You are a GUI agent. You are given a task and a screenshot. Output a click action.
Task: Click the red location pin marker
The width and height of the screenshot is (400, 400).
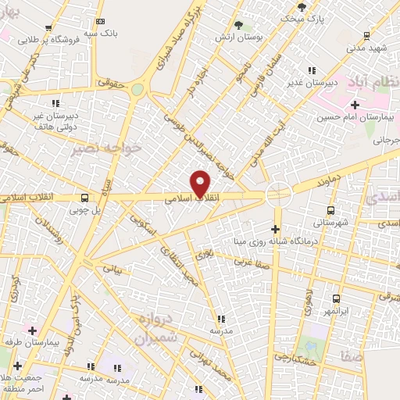pyautogui.click(x=201, y=184)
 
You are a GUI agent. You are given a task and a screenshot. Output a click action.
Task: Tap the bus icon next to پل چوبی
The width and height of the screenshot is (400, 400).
pyautogui.click(x=84, y=198)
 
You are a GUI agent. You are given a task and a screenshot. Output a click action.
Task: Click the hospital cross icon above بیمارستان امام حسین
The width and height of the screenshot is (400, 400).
pyautogui.click(x=355, y=105)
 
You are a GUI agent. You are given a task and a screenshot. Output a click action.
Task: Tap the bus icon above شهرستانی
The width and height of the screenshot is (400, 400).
pyautogui.click(x=330, y=210)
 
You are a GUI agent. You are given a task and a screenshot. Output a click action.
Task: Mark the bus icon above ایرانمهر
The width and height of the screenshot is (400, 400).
pyautogui.click(x=336, y=298)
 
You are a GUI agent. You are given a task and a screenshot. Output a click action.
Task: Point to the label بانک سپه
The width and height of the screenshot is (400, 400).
pyautogui.click(x=104, y=33)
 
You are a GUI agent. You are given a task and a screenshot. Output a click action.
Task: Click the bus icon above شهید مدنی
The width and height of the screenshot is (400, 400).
pyautogui.click(x=366, y=36)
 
